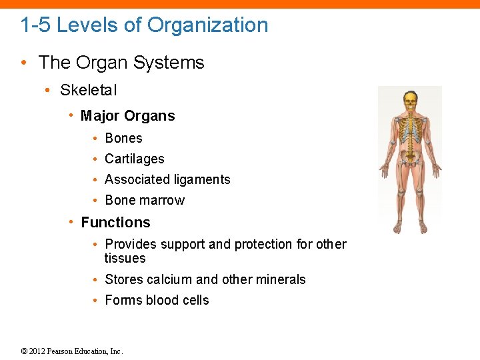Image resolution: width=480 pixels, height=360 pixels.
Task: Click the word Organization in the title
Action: click(x=207, y=25)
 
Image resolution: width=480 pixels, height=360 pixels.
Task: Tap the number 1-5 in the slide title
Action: click(x=36, y=25)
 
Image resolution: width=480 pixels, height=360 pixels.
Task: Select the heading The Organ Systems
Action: click(x=121, y=63)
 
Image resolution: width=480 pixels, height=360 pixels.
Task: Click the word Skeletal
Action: click(x=88, y=90)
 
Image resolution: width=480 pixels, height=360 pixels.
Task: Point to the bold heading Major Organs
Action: click(x=127, y=116)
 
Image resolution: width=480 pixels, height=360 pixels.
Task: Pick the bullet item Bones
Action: click(x=123, y=138)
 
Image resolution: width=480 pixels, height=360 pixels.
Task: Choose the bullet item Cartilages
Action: click(x=134, y=159)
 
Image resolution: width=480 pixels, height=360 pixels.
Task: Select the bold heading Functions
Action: click(x=115, y=223)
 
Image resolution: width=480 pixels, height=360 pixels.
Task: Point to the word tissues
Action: click(x=125, y=258)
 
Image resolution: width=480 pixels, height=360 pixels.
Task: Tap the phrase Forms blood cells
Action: click(x=157, y=300)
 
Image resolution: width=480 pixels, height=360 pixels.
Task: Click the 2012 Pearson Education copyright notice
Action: click(x=72, y=351)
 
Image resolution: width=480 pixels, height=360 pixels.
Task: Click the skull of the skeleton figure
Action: click(x=410, y=101)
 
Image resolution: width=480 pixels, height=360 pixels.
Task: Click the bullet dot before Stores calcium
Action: click(x=97, y=279)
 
